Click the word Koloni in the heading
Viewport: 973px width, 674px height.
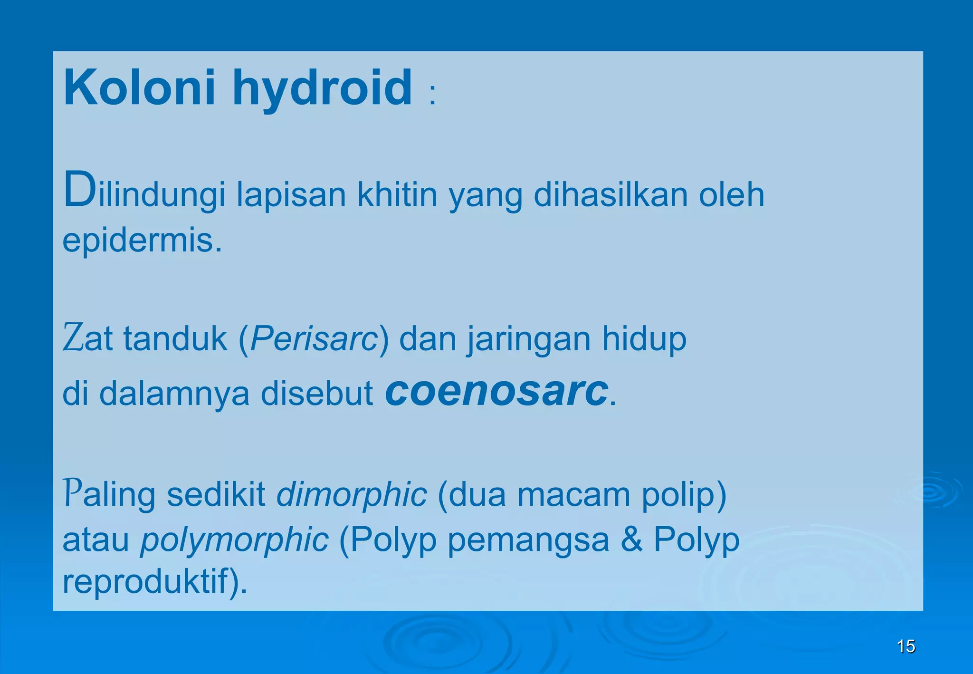139,88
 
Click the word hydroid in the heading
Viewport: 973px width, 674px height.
322,89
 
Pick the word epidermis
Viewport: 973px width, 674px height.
142,241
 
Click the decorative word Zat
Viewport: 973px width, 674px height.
88,338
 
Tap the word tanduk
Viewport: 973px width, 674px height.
175,338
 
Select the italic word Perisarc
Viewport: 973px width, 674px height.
314,339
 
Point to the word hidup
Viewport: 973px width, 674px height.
644,339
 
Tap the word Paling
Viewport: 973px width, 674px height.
109,495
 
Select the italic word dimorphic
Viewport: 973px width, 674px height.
352,495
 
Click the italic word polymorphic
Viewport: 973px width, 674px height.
234,540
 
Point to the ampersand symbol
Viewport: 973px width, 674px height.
631,539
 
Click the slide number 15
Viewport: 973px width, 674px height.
906,646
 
